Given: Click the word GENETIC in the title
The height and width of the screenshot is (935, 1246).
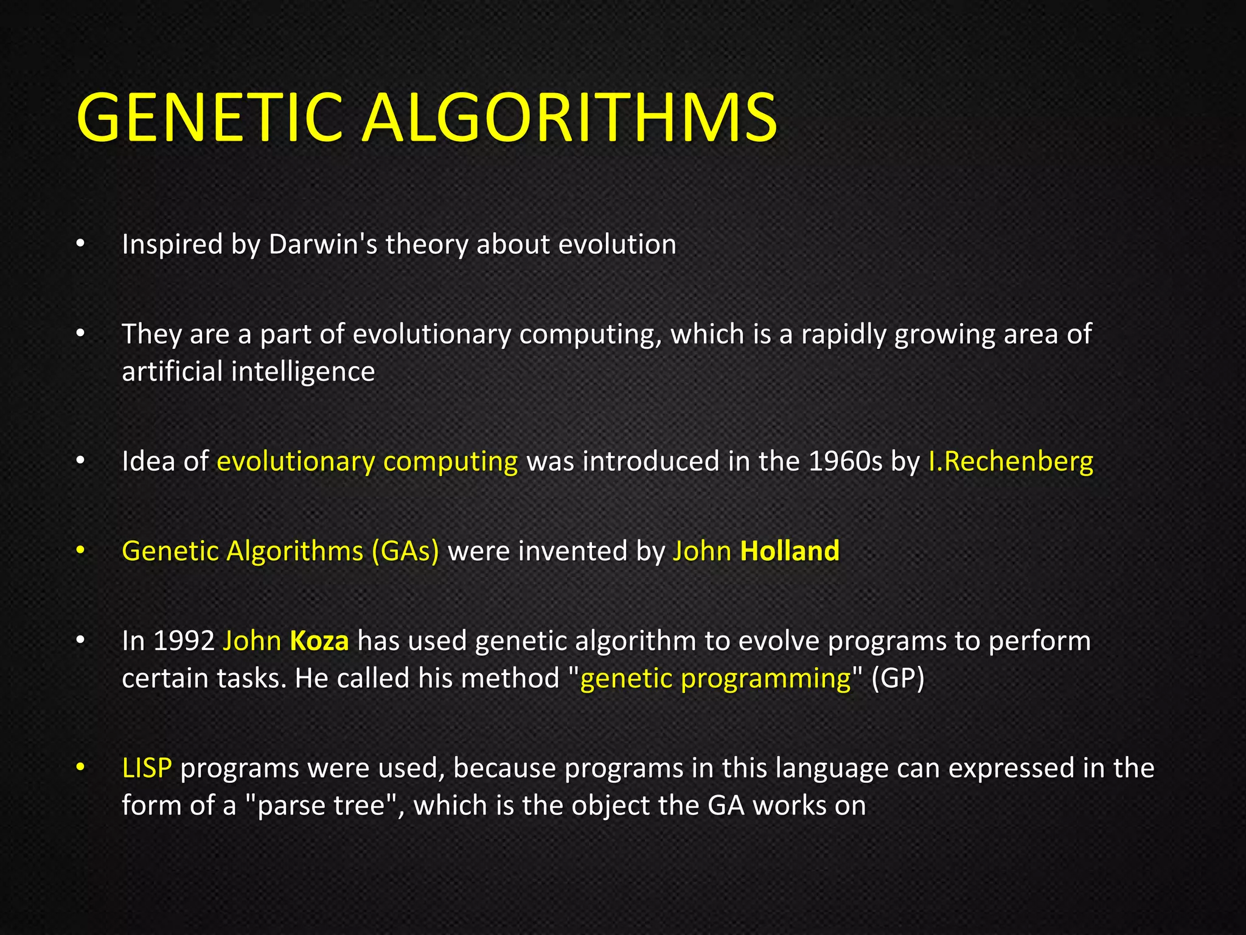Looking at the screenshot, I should [x=210, y=117].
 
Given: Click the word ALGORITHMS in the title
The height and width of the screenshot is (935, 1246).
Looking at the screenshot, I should [x=569, y=117].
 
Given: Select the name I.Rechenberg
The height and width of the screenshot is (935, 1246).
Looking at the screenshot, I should [x=1011, y=461].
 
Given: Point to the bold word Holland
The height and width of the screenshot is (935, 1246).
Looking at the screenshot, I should [x=790, y=551].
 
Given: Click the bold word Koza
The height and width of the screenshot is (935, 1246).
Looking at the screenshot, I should [x=319, y=641].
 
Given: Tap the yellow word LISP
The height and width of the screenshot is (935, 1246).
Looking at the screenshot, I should [x=147, y=768].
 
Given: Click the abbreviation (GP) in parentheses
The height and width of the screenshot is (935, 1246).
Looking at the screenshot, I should [x=897, y=678].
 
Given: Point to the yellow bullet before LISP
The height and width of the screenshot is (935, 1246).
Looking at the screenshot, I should [x=80, y=768].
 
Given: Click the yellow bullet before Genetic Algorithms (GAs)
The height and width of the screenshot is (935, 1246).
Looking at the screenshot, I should [x=80, y=551].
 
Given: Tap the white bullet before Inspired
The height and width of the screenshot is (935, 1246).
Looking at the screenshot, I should [x=80, y=244].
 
